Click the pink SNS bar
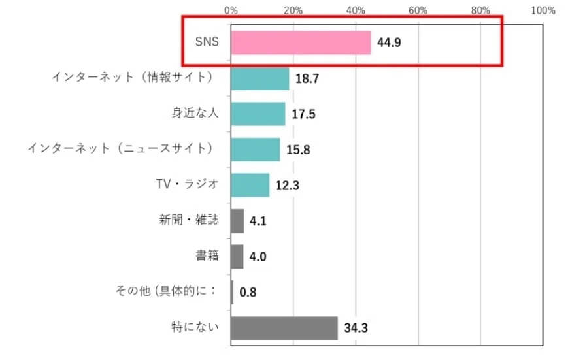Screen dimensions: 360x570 tap(301, 43)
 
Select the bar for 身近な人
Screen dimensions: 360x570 tap(258, 114)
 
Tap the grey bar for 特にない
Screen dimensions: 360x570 tap(284, 328)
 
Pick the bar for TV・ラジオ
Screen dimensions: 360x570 tap(250, 185)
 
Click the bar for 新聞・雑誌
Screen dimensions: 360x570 tap(237, 221)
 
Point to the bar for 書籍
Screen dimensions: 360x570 tap(237, 257)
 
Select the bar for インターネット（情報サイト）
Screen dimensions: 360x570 tap(260, 78)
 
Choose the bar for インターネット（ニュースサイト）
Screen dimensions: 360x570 tap(255, 150)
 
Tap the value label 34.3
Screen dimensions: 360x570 tap(356, 328)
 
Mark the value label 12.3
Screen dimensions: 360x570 tap(288, 186)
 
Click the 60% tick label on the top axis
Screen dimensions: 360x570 tap(418, 10)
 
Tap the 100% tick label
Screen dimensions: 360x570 tap(543, 10)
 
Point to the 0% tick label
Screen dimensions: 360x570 tap(231, 10)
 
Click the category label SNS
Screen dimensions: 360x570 tap(206, 43)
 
